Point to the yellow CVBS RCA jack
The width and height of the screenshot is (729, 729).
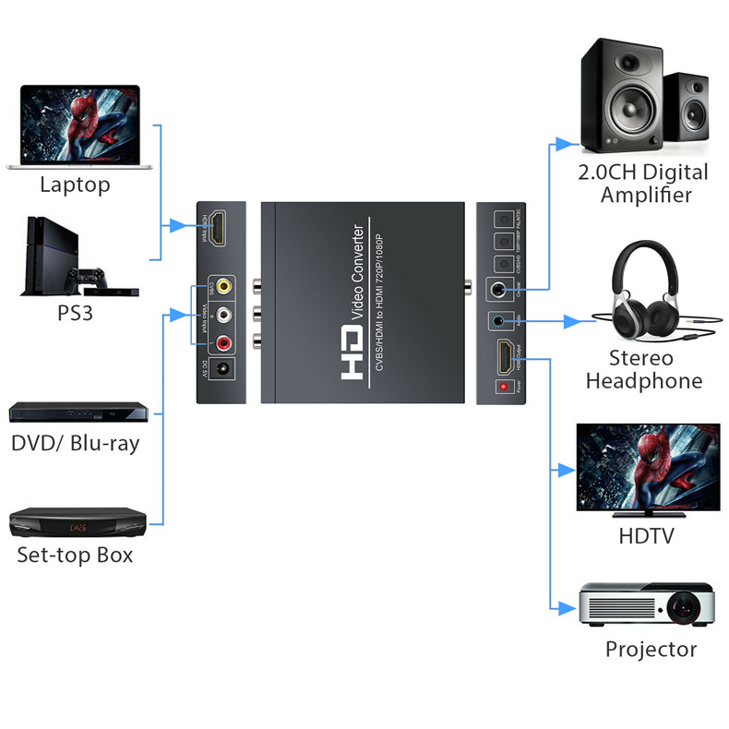coord(223,287)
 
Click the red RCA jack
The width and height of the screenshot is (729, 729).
coord(223,344)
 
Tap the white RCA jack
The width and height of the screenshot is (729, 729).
coord(223,316)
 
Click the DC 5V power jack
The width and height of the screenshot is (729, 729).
coord(222,373)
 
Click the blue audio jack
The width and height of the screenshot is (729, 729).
coord(500,321)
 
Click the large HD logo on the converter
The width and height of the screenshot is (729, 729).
coord(354,351)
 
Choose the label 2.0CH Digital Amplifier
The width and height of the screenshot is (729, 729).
coord(642,183)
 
